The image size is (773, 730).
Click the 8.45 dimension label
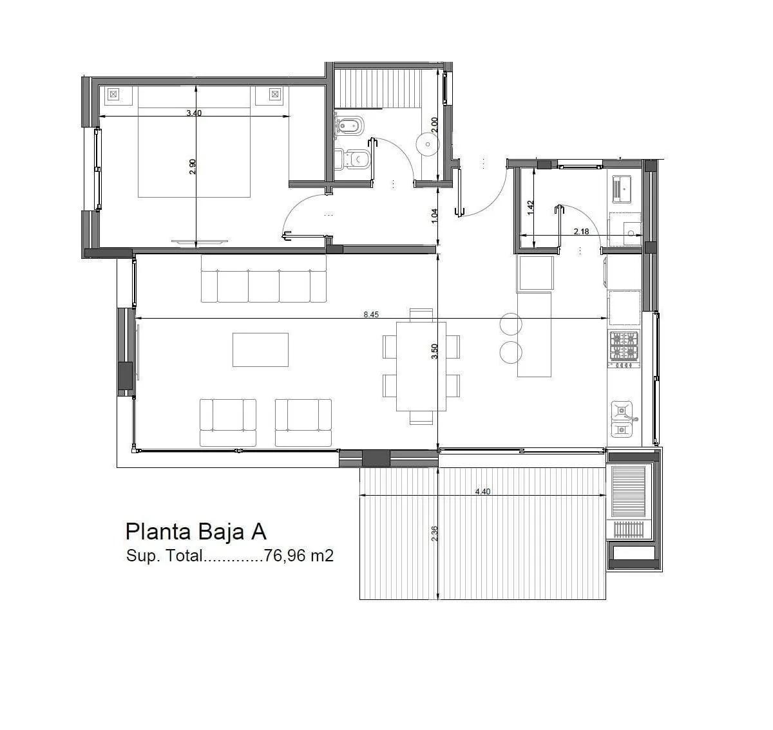click(x=371, y=314)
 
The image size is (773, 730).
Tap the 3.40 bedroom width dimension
click(x=194, y=113)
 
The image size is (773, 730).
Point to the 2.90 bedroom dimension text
click(x=192, y=167)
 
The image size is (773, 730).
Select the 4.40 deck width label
click(x=482, y=491)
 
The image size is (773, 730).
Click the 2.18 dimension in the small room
click(x=581, y=232)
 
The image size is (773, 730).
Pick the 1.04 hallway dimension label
click(x=435, y=216)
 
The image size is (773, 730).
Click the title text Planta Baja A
click(x=196, y=532)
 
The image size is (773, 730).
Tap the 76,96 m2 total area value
click(x=298, y=556)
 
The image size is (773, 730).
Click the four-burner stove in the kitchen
click(x=624, y=349)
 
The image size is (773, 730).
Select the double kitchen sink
click(x=623, y=419)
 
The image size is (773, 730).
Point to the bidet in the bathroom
click(x=350, y=124)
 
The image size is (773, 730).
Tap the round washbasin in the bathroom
click(x=428, y=144)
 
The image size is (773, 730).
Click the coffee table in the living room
click(x=260, y=350)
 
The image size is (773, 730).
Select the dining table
click(x=421, y=366)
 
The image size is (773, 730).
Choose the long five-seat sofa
click(x=263, y=278)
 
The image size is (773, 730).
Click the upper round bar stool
click(x=511, y=324)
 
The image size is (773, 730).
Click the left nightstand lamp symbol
click(x=113, y=94)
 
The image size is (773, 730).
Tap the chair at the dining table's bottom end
click(x=421, y=418)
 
